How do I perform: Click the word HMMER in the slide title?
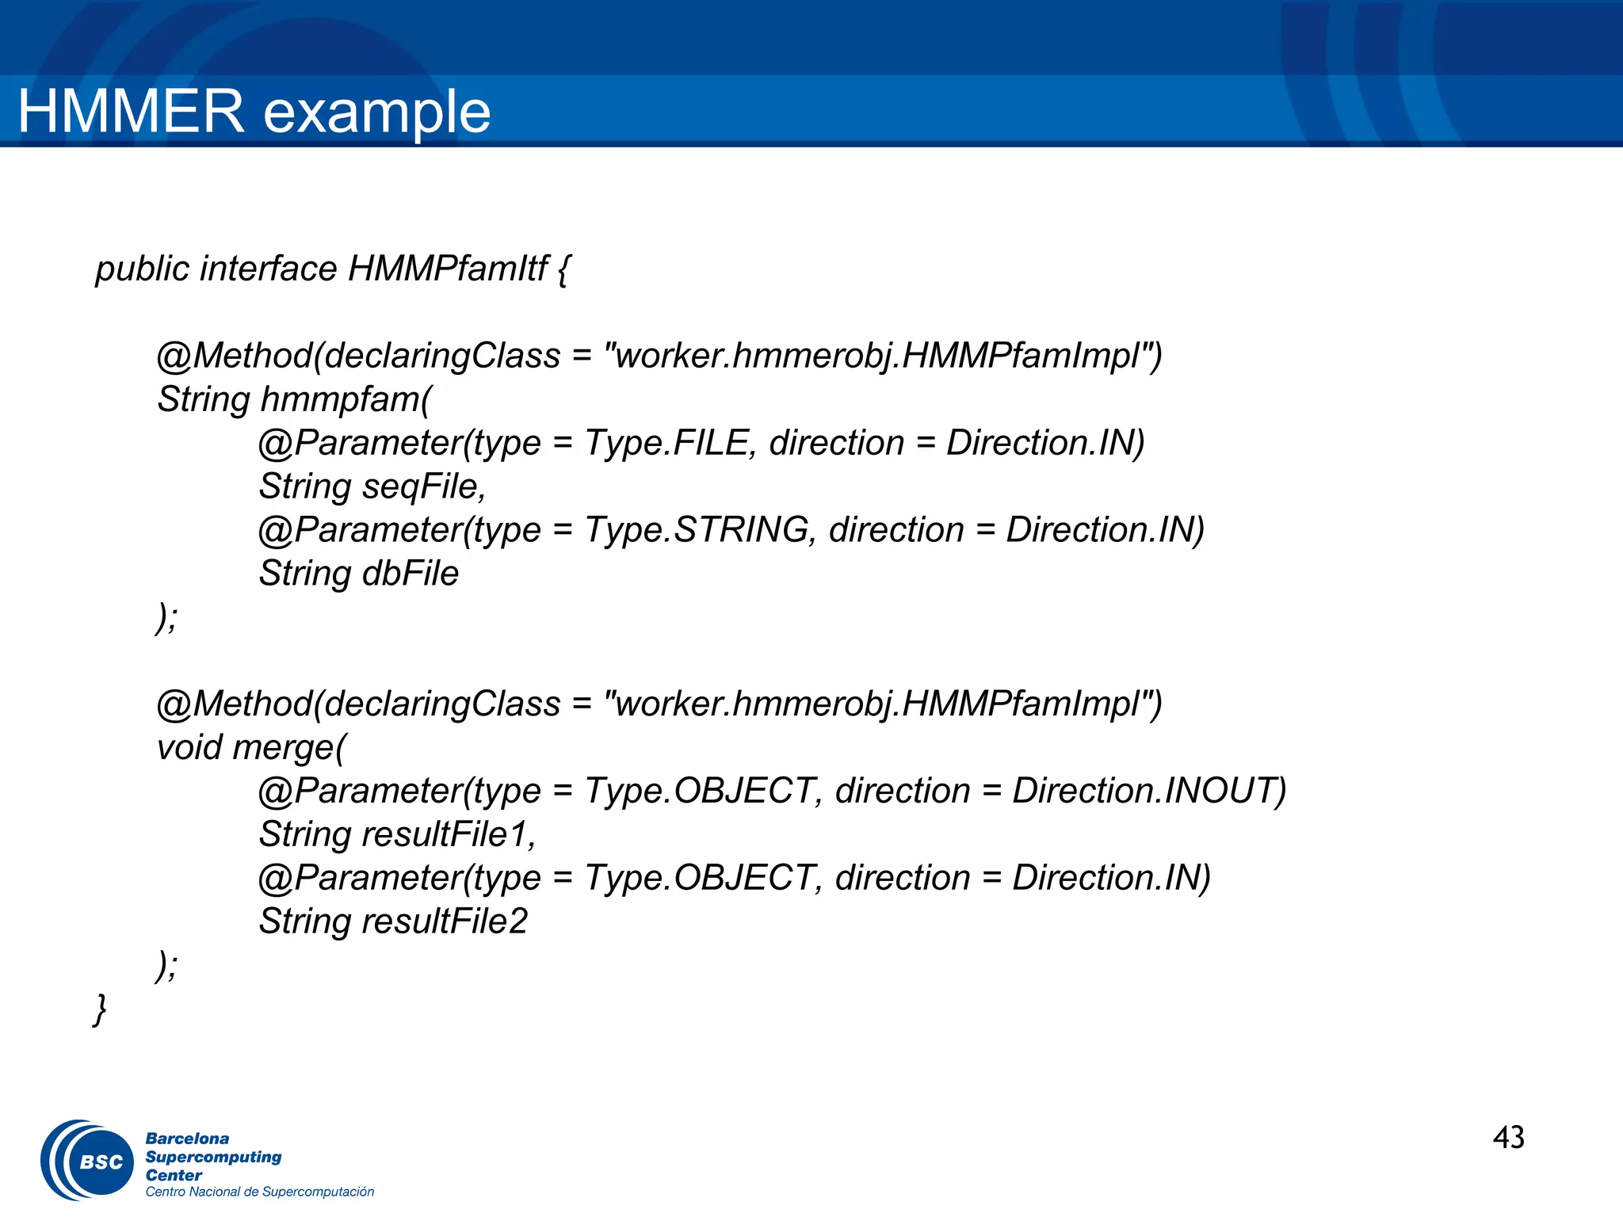point(131,111)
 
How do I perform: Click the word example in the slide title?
point(376,113)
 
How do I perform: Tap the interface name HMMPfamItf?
point(447,269)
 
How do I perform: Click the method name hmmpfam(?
point(346,399)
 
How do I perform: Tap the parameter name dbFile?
point(410,574)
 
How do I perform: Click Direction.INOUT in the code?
point(1148,791)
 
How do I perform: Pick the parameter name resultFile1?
point(448,834)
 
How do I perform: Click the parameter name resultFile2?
point(445,921)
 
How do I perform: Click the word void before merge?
point(189,748)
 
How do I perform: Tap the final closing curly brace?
point(100,1009)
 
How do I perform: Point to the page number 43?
point(1508,1138)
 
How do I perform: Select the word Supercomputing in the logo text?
point(213,1157)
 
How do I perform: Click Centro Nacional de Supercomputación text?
point(259,1192)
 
